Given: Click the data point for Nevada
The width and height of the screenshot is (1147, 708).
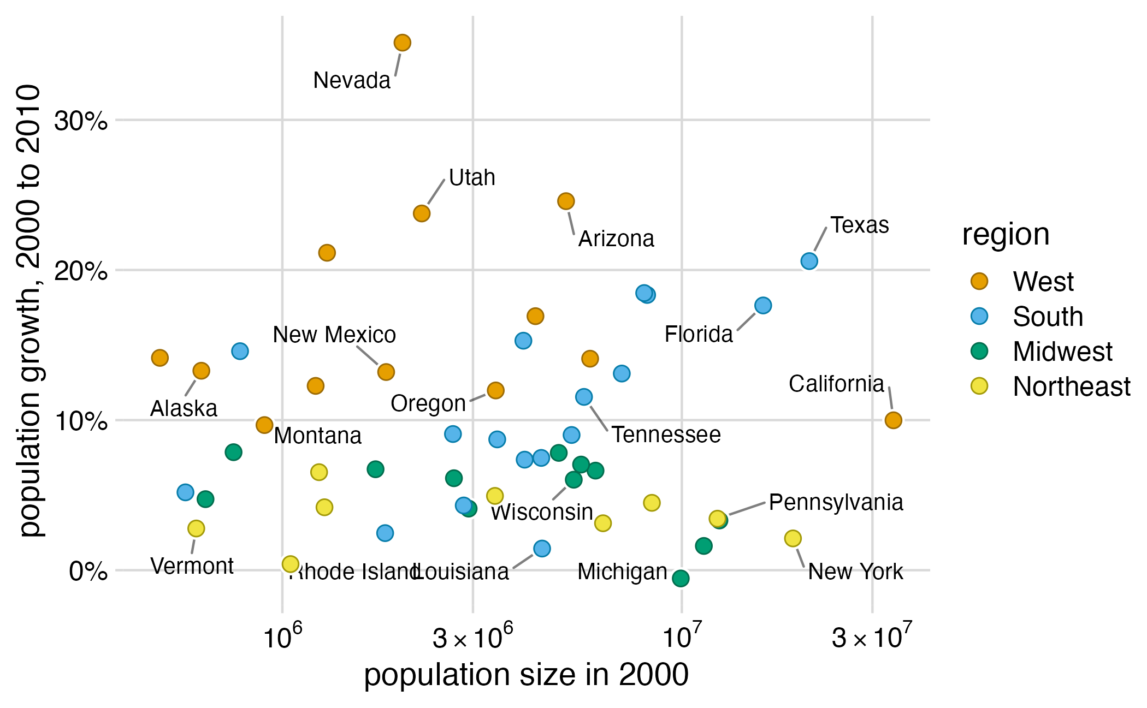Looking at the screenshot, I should point(402,43).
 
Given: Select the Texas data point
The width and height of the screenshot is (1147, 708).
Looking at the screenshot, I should point(809,261).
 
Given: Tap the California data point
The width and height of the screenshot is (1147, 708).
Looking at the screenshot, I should point(893,420).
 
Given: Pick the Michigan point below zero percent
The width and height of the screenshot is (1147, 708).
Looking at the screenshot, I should point(681,578).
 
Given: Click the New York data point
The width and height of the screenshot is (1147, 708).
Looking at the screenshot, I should point(793,539).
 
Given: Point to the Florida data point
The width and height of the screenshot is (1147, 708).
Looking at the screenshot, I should point(763,306).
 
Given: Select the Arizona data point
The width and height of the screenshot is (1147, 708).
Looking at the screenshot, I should point(566,201).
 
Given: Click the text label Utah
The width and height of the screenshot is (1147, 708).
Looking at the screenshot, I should point(472,178).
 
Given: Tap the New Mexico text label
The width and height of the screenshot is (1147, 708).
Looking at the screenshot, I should point(334,335).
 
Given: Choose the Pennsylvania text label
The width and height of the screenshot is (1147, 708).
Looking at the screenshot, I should point(836,503).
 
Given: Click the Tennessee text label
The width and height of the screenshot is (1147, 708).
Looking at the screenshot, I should point(666,435).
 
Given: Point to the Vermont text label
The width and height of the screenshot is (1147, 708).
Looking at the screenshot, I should point(192,567).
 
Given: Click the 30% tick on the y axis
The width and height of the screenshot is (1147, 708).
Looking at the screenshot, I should point(81,121).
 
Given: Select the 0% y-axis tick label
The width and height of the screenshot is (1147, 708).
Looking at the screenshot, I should point(87,572).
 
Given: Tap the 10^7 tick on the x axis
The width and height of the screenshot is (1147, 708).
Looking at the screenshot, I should point(682,636).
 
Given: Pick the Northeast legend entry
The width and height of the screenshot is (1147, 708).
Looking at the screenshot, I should point(1071,386).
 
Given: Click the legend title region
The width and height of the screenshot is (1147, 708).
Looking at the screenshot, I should point(1006,235).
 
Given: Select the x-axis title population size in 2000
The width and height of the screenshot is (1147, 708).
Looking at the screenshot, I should point(526,675).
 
